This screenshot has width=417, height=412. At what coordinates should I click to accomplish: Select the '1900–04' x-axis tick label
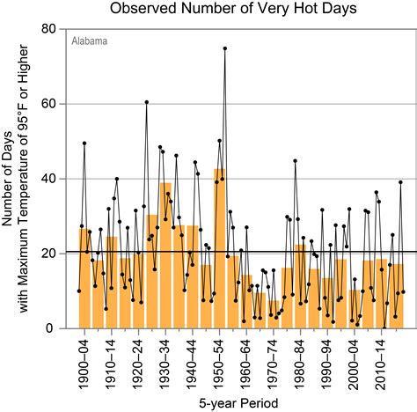(85, 361)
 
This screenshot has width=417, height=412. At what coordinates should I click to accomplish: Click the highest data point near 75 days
(225, 48)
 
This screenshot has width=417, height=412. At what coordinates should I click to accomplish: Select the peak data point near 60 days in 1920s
(147, 102)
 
